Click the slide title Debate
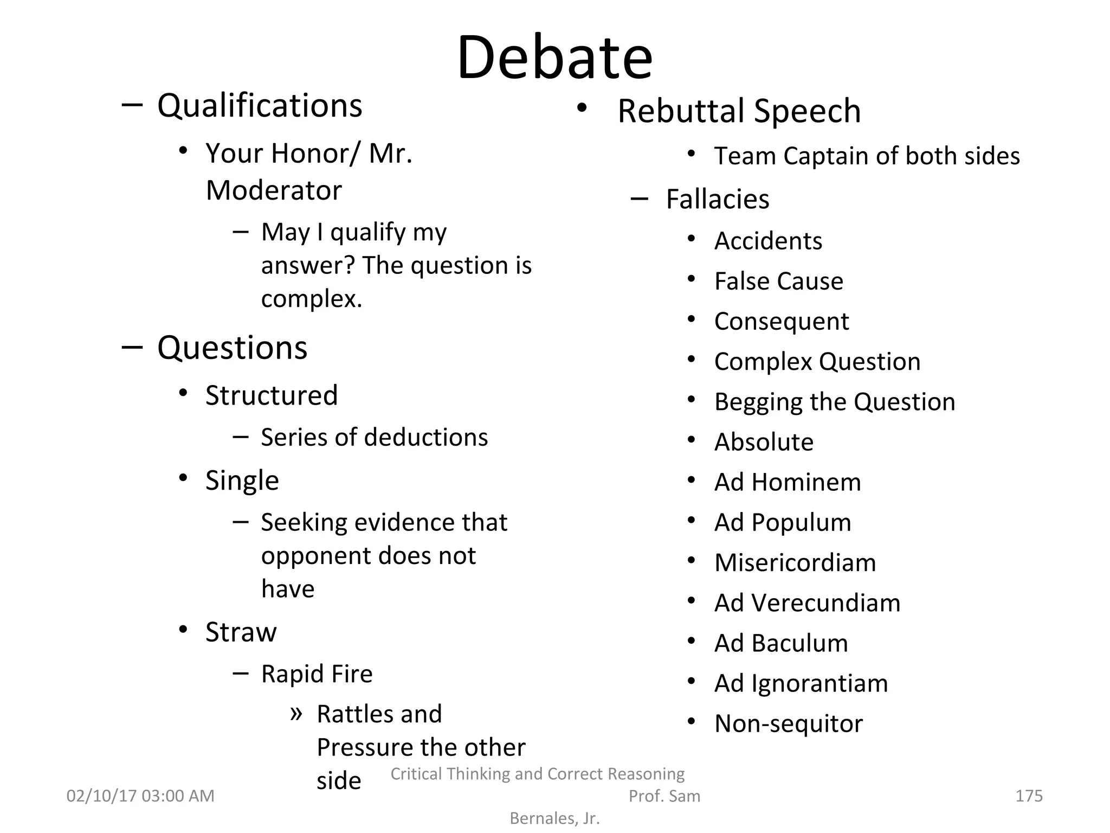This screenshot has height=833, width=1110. pos(554,57)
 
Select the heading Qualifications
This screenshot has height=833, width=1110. pos(260,105)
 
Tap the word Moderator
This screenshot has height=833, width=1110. pos(274,190)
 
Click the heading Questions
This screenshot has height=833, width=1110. pos(232,348)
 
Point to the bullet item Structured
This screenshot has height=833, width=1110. pos(272,395)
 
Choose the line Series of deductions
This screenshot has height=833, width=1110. pos(374,437)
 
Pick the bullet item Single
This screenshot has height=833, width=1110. pos(242,480)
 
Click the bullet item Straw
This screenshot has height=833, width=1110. pos(241,632)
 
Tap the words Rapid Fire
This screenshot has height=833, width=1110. pos(317,674)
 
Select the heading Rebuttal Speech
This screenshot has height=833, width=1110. pos(739,111)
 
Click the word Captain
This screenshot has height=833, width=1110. pos(825,156)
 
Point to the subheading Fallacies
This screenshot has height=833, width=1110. pos(717,199)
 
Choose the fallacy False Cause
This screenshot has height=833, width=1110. pos(778,281)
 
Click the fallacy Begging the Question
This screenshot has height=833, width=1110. pos(834,402)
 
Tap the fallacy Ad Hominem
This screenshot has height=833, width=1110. pos(787,482)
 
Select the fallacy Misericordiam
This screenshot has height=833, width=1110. pos(795,562)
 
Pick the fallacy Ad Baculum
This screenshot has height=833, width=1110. pos(780,643)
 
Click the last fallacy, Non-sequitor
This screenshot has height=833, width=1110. pos(788,723)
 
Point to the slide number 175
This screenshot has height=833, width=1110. pos(1028,796)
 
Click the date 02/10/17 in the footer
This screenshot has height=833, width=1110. pos(101,796)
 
